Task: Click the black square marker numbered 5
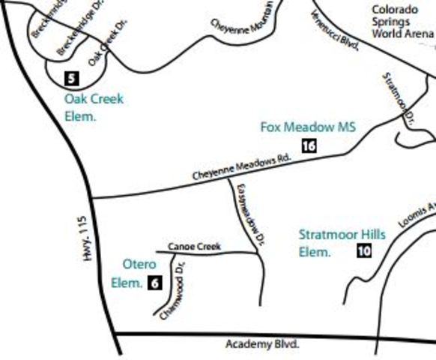pyautogui.click(x=72, y=78)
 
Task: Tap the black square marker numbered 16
pyautogui.click(x=309, y=145)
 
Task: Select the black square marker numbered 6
pyautogui.click(x=154, y=283)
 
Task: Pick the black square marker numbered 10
pyautogui.click(x=363, y=250)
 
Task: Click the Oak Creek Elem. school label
pyautogui.click(x=93, y=107)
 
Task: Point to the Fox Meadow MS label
pyautogui.click(x=307, y=127)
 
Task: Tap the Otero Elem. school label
pyautogui.click(x=133, y=274)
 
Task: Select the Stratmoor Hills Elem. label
pyautogui.click(x=342, y=243)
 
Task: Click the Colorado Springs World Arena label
pyautogui.click(x=403, y=22)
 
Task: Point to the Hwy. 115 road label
pyautogui.click(x=83, y=239)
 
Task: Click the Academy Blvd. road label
pyautogui.click(x=262, y=344)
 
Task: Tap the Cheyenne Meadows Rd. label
pyautogui.click(x=241, y=167)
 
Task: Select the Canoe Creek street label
pyautogui.click(x=194, y=246)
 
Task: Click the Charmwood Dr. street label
pyautogui.click(x=172, y=289)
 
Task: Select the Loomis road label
pyautogui.click(x=416, y=214)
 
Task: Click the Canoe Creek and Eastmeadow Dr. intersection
pyautogui.click(x=258, y=252)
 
